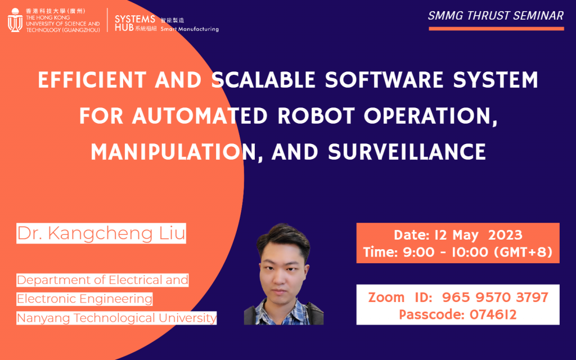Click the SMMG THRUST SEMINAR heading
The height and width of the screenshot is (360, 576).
pos(496,16)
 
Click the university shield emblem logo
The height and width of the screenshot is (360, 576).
pos(15,20)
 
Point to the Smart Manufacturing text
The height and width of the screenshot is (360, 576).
pos(190,29)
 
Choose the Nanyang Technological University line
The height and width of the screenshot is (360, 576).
pos(116,318)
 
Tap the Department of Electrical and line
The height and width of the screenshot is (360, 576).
pos(102,280)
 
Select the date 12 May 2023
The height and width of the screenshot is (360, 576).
pos(458,235)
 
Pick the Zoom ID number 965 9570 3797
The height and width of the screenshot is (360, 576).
pos(495,297)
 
